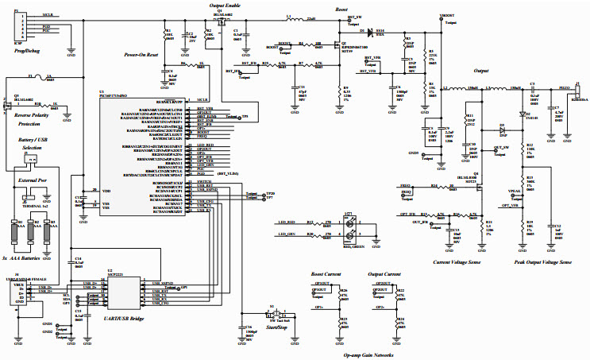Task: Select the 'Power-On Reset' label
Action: tap(144, 55)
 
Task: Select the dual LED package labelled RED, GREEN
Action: tap(351, 228)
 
